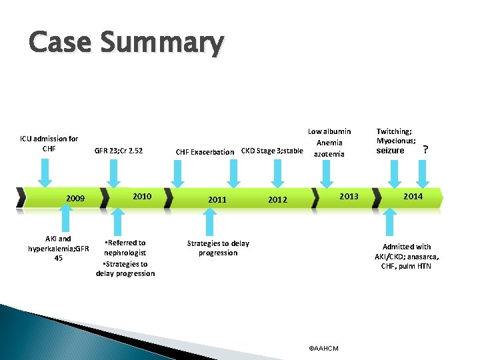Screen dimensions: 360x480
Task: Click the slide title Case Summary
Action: (126, 43)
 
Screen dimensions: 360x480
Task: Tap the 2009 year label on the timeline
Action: (75, 199)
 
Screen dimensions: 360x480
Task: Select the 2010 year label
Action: (142, 197)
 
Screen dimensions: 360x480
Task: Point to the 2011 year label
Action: (217, 199)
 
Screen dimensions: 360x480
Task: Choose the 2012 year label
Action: (277, 199)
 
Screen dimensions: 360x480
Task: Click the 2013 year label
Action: (349, 196)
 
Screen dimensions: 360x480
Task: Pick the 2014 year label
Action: (413, 196)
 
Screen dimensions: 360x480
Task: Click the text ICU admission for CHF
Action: (49, 143)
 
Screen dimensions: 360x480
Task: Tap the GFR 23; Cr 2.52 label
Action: (119, 151)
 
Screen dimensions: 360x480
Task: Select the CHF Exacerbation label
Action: (205, 152)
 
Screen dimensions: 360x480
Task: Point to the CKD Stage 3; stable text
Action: (271, 151)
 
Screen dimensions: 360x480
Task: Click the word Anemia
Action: (329, 143)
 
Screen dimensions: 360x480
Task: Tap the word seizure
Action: (390, 151)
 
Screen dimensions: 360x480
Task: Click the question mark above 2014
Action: (425, 150)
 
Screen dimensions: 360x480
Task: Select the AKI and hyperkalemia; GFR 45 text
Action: (59, 248)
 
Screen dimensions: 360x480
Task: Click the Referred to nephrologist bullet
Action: (125, 248)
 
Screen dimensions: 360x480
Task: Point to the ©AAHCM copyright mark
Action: (324, 348)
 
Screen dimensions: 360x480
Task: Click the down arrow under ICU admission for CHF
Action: (45, 173)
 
